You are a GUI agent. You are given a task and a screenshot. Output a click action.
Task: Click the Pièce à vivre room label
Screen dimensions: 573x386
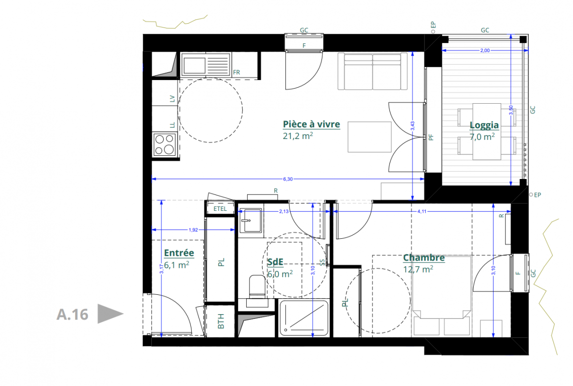click(311, 124)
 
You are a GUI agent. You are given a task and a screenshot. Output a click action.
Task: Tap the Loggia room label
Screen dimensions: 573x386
click(484, 125)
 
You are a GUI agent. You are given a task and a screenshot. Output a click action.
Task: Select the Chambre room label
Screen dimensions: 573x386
click(424, 258)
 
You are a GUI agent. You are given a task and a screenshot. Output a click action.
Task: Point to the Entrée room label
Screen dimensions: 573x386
click(179, 253)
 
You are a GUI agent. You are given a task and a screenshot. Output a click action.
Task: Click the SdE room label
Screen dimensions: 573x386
click(275, 262)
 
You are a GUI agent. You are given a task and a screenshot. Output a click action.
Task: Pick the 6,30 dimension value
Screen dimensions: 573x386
click(288, 179)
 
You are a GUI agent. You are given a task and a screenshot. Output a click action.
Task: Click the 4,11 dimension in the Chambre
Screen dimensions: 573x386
click(422, 211)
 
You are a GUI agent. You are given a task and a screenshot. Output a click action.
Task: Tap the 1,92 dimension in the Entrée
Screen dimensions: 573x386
click(193, 230)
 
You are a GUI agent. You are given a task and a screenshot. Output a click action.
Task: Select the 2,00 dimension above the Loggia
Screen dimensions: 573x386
click(485, 51)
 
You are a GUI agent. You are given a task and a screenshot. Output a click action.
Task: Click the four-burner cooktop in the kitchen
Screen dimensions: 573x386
click(164, 144)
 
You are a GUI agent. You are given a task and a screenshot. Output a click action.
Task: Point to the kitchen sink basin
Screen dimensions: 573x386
click(194, 66)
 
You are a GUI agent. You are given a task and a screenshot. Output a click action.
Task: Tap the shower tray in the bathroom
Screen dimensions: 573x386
click(304, 317)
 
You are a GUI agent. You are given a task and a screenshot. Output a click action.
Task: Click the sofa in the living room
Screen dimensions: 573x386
click(373, 71)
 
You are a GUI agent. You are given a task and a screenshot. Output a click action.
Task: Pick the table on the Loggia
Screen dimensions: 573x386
click(487, 131)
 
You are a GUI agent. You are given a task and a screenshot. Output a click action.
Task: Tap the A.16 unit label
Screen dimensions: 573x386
click(72, 314)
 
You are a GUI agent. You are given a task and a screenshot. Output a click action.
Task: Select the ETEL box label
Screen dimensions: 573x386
click(220, 209)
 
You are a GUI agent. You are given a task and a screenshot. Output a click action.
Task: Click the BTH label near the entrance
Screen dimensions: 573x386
click(221, 321)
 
